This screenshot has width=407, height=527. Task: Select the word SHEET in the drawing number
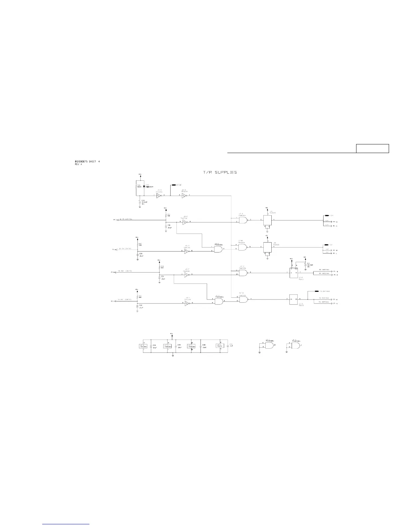click(90, 162)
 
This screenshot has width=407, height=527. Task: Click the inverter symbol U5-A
click(159, 196)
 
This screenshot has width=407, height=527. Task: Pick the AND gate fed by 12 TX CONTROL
click(218, 249)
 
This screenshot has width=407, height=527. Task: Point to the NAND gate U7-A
click(243, 220)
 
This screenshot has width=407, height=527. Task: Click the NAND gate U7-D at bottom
click(243, 299)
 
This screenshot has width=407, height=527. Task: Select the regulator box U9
click(267, 220)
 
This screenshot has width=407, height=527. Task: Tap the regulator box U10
click(267, 247)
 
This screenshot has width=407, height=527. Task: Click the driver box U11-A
click(293, 272)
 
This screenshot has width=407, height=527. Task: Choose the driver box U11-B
click(293, 299)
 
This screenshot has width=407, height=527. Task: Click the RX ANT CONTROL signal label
click(125, 271)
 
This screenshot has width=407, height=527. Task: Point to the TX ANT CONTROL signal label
click(125, 300)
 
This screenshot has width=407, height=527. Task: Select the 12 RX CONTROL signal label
click(126, 219)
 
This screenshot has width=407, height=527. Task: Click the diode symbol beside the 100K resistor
click(144, 187)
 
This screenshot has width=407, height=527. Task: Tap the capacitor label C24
click(154, 345)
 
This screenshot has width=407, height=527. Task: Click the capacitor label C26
click(204, 345)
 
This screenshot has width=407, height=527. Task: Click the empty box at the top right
click(372, 148)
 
